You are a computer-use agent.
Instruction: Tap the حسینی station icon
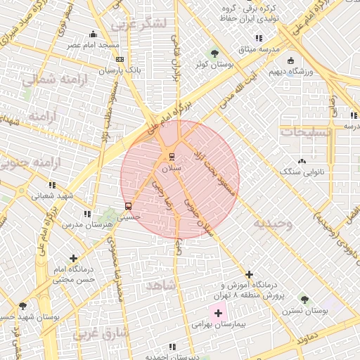pos(128,206)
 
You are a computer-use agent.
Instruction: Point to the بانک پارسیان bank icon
pos(120,59)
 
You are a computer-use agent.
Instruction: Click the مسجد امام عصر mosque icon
pos(94,34)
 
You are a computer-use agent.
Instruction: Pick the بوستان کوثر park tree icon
pos(214,53)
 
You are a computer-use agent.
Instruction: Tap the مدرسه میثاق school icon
pos(259,38)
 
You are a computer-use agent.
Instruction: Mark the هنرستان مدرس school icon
pos(87,213)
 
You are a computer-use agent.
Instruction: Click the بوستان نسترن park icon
pos(304,300)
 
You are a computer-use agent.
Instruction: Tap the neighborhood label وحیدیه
pos(274,224)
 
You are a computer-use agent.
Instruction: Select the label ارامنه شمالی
pos(53,81)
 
